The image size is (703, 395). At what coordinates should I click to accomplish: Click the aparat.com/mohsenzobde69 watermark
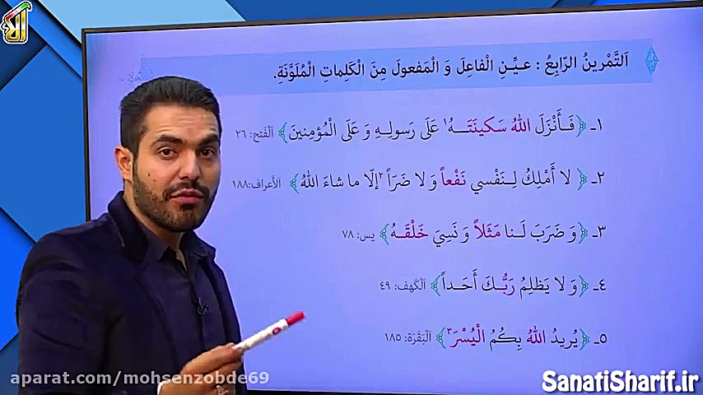[x=139, y=379]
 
